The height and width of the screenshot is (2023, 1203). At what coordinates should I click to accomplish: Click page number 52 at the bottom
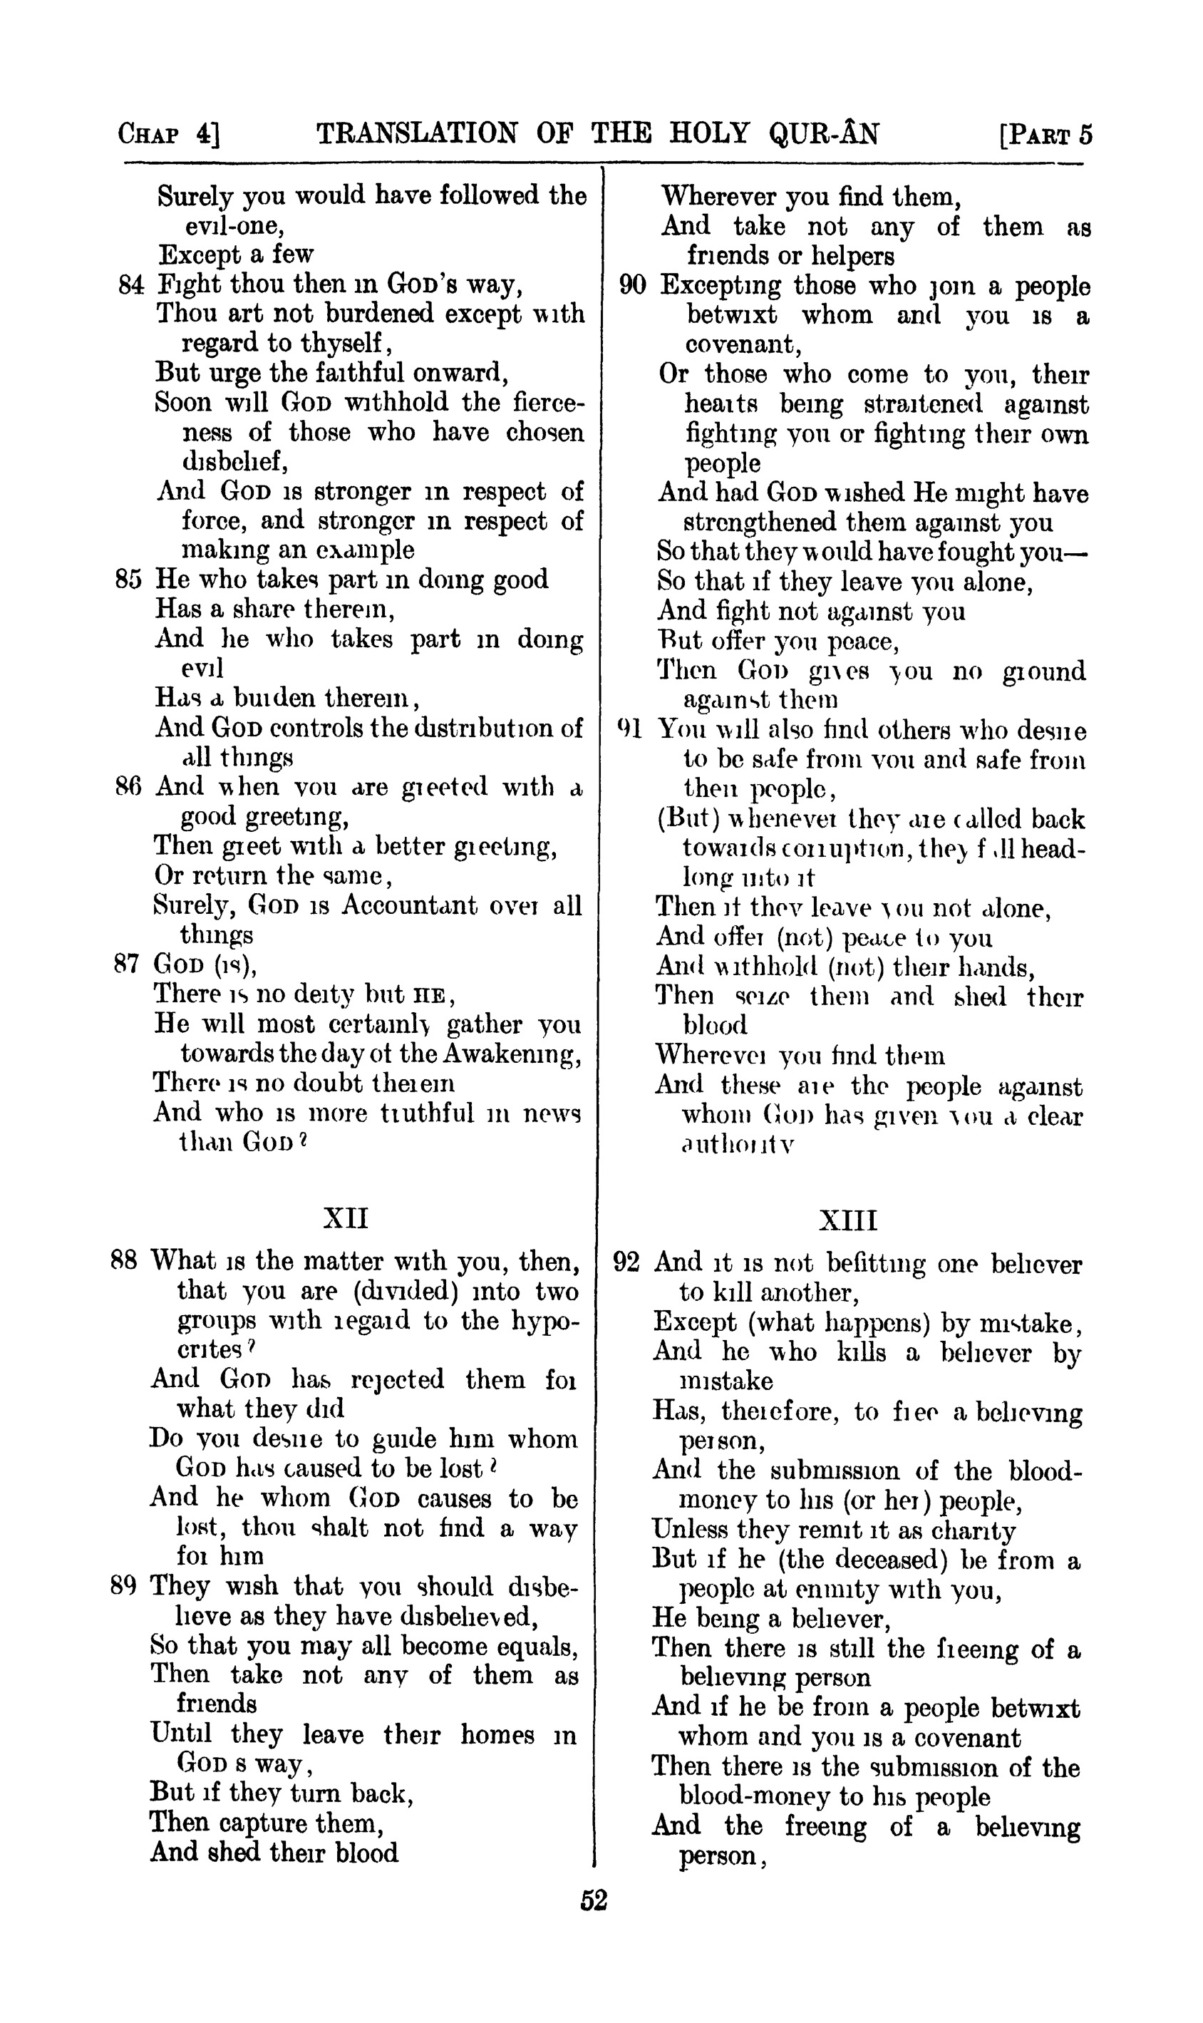594,1900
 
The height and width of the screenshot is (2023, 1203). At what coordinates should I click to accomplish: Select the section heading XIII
848,1220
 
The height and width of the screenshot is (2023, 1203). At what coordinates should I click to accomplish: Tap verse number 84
130,284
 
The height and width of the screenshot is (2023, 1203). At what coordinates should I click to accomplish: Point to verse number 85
129,579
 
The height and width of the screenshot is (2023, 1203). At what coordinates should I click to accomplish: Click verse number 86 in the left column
128,786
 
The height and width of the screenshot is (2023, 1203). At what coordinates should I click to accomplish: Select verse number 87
128,964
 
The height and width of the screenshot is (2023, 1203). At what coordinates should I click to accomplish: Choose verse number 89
124,1585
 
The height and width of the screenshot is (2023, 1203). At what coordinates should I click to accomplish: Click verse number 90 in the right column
632,285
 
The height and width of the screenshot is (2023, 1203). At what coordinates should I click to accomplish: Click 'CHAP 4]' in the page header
169,134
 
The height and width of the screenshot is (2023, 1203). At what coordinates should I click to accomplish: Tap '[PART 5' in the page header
1046,134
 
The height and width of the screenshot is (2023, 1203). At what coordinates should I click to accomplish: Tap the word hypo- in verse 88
537,1321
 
